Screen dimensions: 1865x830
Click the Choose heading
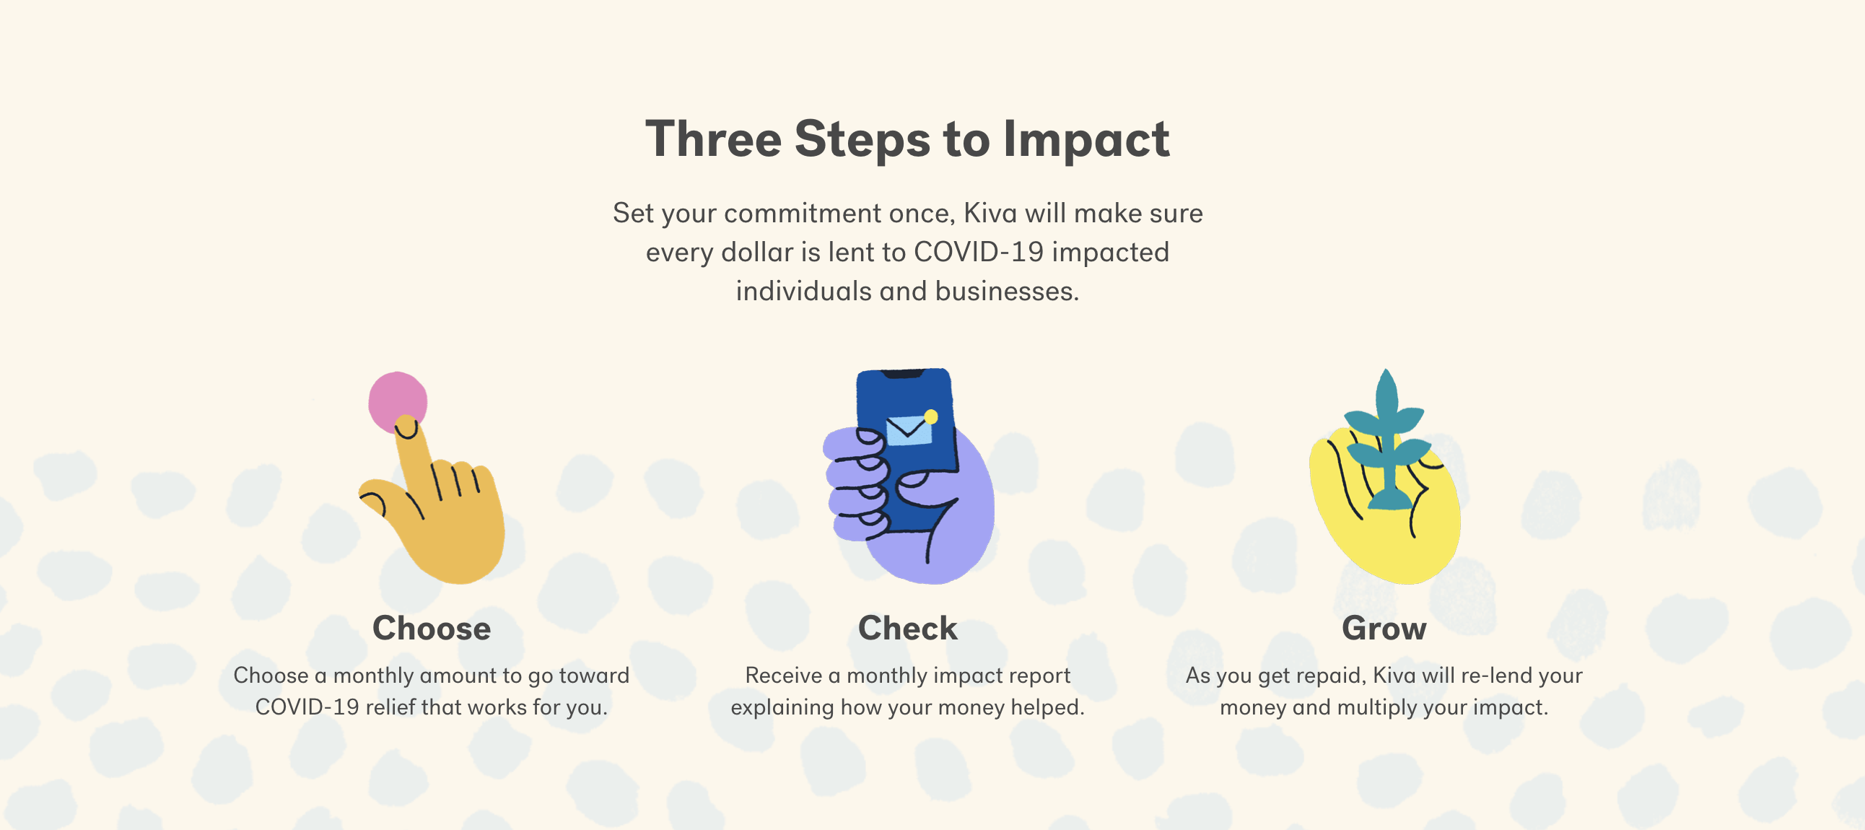432,628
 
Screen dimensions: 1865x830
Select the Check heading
907,628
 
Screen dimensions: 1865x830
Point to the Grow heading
1384,628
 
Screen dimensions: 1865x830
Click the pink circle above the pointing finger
398,402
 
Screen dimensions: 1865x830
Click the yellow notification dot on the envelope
931,416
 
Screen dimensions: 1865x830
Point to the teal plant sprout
1386,442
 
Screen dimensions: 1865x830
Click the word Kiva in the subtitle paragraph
990,213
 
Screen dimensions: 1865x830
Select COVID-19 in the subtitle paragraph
978,252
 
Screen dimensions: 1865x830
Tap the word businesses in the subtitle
1007,291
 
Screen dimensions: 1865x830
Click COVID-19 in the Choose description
307,707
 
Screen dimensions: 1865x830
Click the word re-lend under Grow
1495,676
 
